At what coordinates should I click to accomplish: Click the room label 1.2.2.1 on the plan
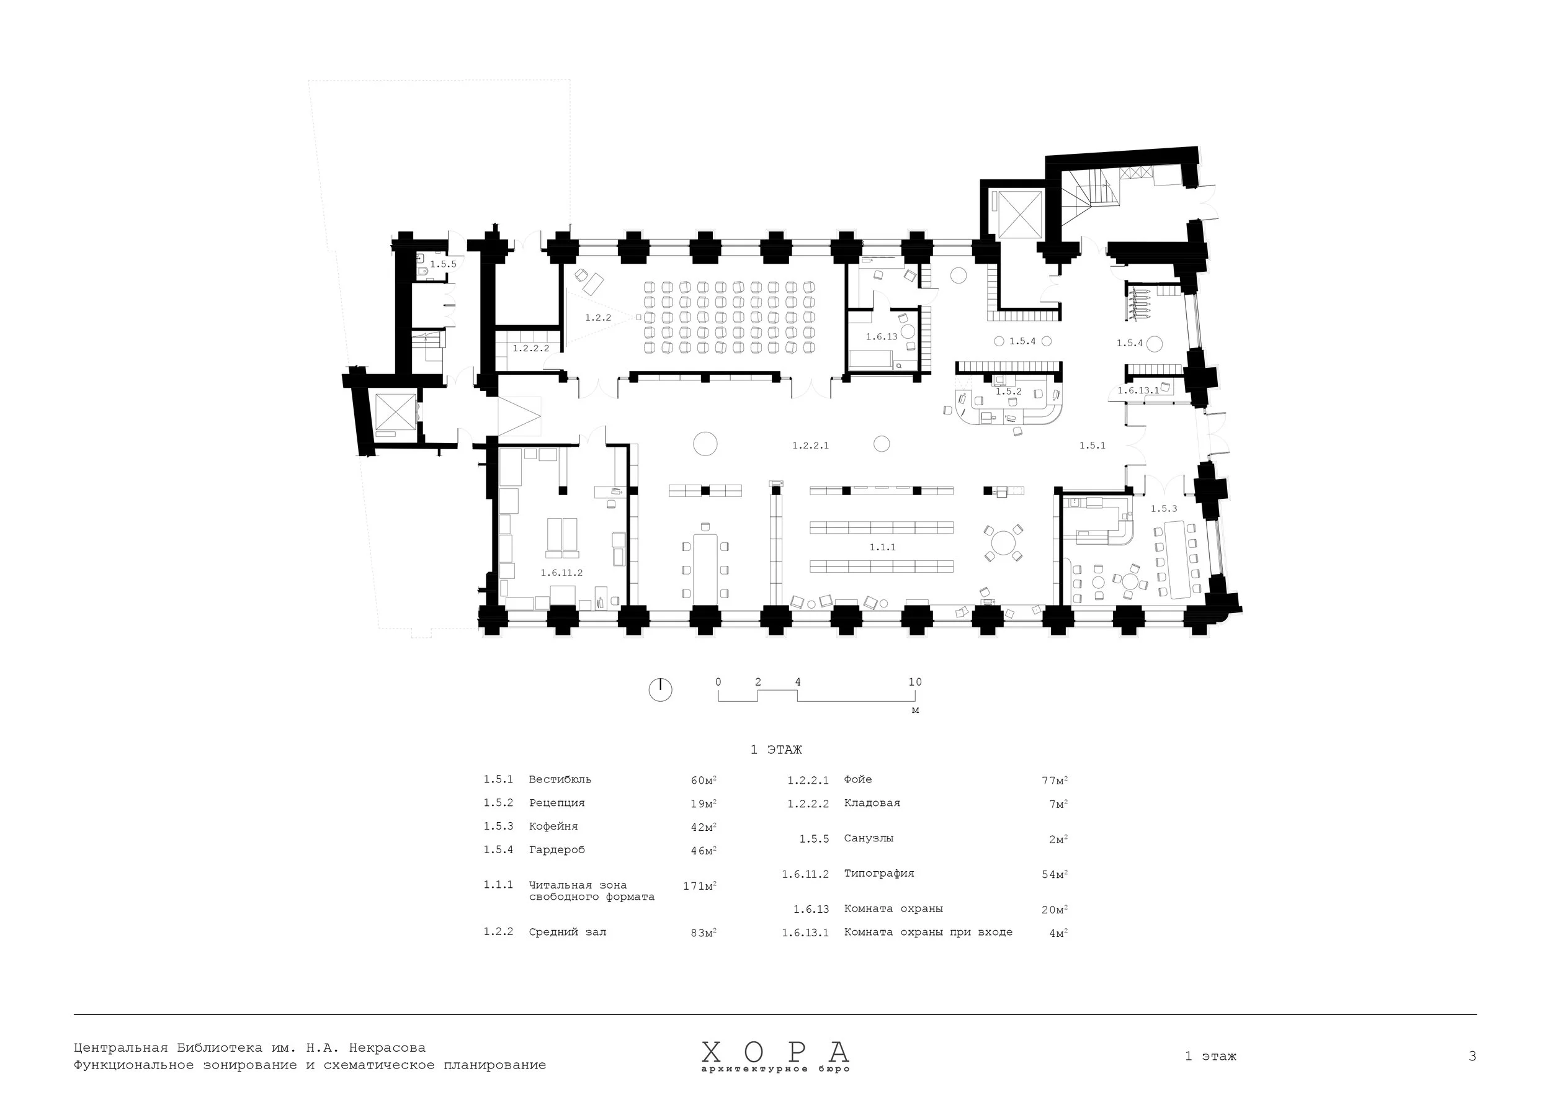pos(810,446)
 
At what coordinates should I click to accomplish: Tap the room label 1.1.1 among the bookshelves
pos(882,547)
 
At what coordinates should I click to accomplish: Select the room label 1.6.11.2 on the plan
pos(561,573)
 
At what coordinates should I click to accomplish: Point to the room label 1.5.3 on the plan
pos(1163,509)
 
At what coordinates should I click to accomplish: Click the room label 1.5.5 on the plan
pos(443,264)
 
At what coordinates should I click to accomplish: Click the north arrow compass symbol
pos(660,690)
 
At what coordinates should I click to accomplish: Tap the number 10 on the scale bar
pos(914,683)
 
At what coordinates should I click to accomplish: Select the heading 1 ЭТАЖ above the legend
pos(775,750)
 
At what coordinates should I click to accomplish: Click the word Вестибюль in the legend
pos(560,779)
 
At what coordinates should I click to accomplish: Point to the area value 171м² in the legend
pos(699,885)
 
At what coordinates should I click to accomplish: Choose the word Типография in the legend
pos(879,874)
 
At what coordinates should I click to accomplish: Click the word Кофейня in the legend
pos(553,826)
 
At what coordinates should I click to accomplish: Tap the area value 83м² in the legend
pos(702,933)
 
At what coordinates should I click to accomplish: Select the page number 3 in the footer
pos(1472,1057)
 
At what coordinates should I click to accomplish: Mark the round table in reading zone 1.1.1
pos(1003,542)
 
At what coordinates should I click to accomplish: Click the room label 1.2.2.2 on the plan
pos(530,349)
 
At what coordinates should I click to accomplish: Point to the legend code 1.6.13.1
pos(805,933)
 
